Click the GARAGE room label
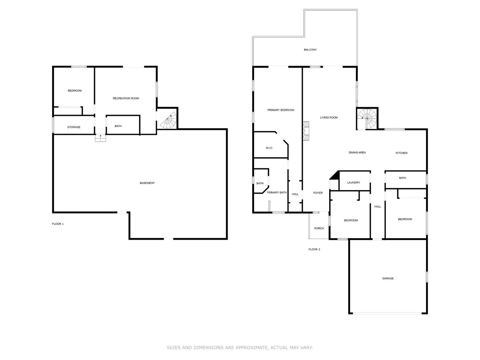pos(388,278)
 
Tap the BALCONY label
pos(310,50)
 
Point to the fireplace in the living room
pos(306,131)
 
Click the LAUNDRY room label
pos(354,182)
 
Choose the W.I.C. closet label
pos(269,148)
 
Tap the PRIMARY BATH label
pos(276,192)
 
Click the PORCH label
pos(319,228)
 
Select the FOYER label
pos(318,193)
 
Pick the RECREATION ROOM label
pos(126,98)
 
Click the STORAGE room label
pos(74,127)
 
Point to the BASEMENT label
pos(147,183)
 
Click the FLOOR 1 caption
pos(58,224)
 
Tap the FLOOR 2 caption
pos(314,249)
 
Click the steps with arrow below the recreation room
pos(100,138)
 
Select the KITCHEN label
pos(401,153)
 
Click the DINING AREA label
pos(357,153)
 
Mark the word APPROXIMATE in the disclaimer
pos(251,348)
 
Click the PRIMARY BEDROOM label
pos(281,110)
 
